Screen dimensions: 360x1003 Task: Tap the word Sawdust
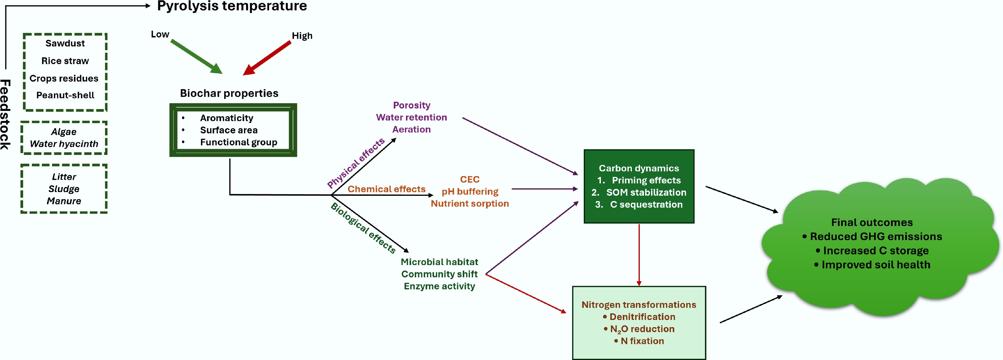(x=65, y=43)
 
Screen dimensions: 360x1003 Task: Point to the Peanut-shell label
(x=65, y=95)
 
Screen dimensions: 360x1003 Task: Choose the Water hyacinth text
(x=64, y=144)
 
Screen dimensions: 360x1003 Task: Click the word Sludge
(x=64, y=189)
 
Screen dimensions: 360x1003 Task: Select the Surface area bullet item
(x=228, y=130)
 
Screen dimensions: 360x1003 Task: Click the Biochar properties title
(x=229, y=93)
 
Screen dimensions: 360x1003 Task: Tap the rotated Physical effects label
(x=356, y=163)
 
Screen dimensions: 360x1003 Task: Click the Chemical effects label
(x=386, y=189)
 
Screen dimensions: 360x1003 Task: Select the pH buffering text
(x=470, y=192)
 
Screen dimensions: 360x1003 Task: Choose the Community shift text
(x=439, y=274)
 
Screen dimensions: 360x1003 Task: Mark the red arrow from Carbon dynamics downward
(x=639, y=255)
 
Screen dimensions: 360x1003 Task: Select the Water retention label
(x=411, y=117)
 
